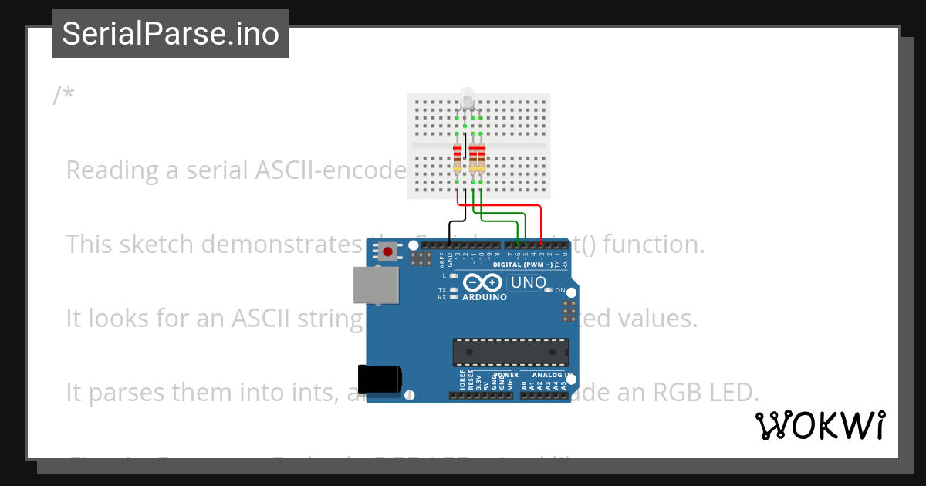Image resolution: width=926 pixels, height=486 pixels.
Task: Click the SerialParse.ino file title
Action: click(x=171, y=34)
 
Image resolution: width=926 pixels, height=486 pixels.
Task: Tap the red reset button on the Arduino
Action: click(x=388, y=251)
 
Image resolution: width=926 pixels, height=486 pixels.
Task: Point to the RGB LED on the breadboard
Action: click(x=467, y=98)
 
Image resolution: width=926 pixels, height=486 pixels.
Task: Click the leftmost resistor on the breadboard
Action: click(x=457, y=157)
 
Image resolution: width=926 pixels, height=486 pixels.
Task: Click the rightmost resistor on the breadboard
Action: click(x=482, y=157)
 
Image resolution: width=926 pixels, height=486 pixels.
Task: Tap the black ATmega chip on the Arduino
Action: click(x=510, y=352)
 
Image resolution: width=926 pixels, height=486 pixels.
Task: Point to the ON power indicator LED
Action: click(x=549, y=290)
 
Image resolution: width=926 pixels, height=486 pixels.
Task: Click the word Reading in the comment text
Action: click(x=112, y=170)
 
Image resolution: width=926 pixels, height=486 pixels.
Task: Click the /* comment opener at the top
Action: click(x=64, y=96)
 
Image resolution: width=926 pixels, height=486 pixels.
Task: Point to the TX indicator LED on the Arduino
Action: click(x=454, y=290)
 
